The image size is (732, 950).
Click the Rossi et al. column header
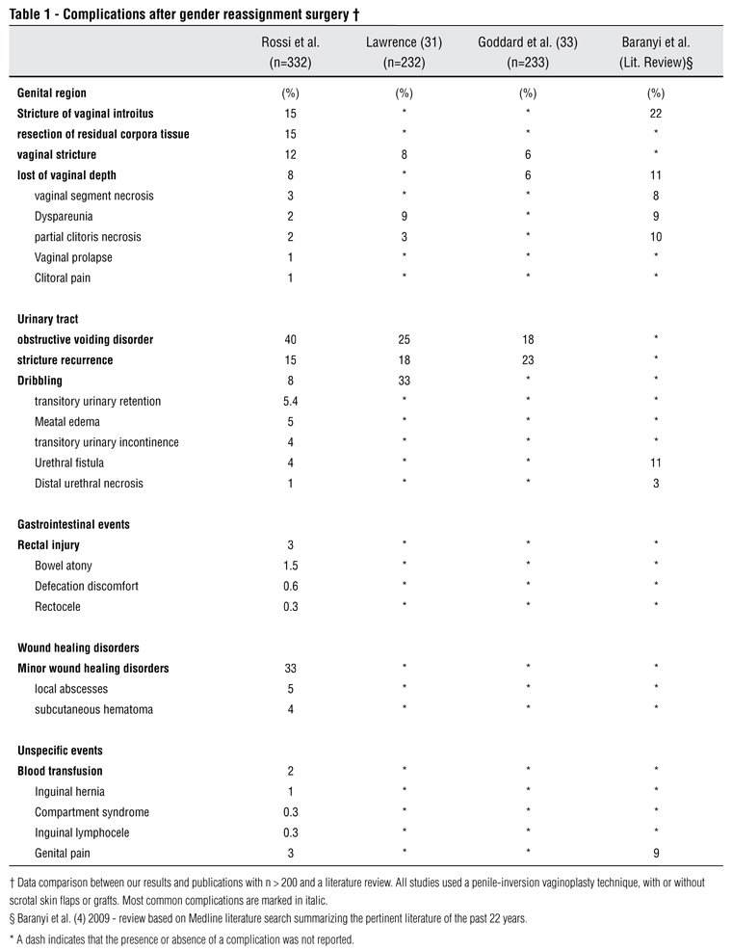(x=290, y=51)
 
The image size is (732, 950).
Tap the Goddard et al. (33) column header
(x=527, y=51)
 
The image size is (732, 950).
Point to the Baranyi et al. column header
(x=656, y=51)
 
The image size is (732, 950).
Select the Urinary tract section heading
(x=50, y=318)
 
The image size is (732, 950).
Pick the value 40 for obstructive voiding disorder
(x=289, y=339)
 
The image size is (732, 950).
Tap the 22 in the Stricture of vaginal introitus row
(x=656, y=114)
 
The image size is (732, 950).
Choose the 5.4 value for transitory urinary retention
(x=289, y=401)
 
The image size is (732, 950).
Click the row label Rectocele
(x=59, y=607)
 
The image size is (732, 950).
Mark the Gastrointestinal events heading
(x=73, y=525)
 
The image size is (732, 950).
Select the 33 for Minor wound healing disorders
(x=289, y=669)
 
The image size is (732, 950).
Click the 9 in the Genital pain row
(x=656, y=854)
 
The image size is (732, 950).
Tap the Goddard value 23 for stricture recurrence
(x=527, y=360)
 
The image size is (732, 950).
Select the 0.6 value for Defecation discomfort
(x=289, y=586)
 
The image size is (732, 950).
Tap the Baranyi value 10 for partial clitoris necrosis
(x=656, y=237)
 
